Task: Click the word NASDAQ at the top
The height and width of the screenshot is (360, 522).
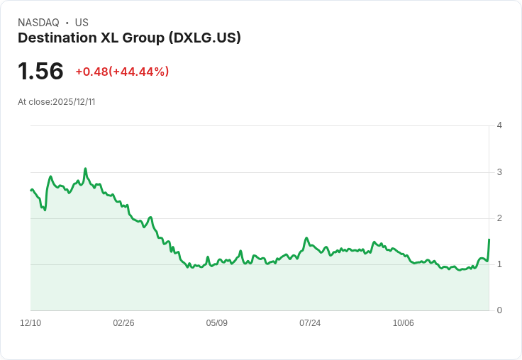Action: [38, 23]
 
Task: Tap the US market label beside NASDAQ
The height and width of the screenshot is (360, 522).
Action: [82, 23]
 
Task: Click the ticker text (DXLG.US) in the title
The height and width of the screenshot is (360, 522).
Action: [205, 38]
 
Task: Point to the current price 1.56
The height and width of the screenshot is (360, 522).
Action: [40, 71]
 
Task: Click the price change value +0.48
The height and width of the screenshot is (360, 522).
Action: [91, 72]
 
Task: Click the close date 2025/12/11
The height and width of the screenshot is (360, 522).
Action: [74, 102]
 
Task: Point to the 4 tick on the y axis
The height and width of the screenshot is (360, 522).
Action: [499, 125]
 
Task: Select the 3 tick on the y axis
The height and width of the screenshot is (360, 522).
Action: [499, 172]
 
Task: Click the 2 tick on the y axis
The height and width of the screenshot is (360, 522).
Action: [499, 218]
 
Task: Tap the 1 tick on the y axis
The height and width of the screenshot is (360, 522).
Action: [499, 264]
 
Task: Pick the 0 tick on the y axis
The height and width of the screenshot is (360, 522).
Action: [499, 310]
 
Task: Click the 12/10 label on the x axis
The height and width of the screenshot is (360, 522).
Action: [30, 323]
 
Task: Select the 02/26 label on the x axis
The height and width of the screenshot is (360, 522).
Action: [123, 323]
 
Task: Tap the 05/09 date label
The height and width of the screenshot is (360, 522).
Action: [216, 323]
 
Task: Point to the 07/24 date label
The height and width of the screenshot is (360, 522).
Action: [310, 323]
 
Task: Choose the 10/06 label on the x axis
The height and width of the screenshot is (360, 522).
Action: [403, 323]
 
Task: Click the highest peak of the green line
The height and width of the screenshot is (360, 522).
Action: [85, 169]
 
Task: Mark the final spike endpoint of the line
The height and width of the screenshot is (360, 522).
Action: [489, 240]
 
